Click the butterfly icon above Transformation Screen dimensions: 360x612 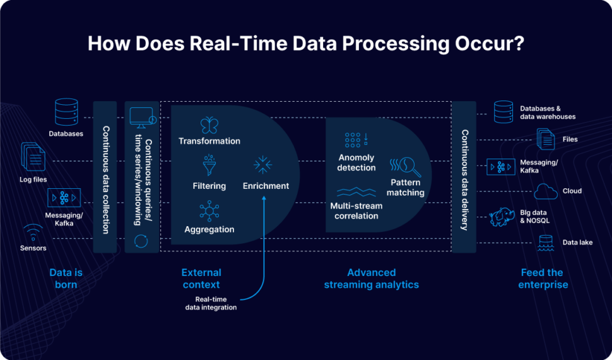[x=209, y=124]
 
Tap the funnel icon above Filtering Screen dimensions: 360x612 [x=209, y=165]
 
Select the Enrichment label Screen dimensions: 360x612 [x=266, y=186]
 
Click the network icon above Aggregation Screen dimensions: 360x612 [x=209, y=210]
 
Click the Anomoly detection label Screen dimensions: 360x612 [x=356, y=162]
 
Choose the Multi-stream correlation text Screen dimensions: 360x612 [x=356, y=211]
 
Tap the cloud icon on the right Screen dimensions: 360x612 [x=546, y=191]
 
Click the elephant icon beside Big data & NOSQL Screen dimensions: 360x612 [x=503, y=217]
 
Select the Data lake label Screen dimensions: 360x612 [x=577, y=243]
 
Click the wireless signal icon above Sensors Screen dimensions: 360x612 [x=33, y=231]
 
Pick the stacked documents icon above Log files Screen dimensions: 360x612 [x=33, y=156]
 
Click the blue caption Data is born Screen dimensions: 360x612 [x=66, y=279]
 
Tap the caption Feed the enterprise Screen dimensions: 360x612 [x=543, y=279]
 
